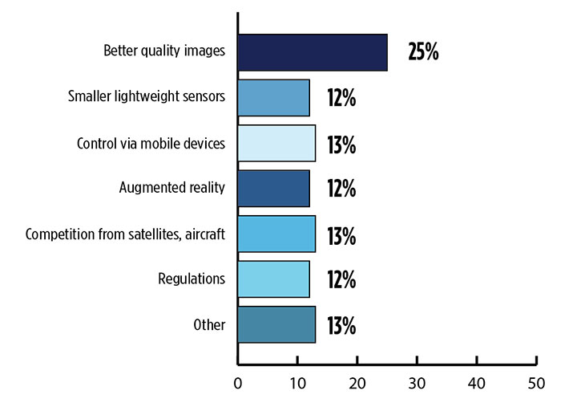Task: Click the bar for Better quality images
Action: [x=313, y=52]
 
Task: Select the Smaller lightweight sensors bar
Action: [x=274, y=98]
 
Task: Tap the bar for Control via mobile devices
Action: [x=276, y=144]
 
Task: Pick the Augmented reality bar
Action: [x=274, y=189]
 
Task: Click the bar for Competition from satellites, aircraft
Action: [x=276, y=234]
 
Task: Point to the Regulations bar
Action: [x=274, y=279]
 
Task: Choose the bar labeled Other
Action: [x=276, y=324]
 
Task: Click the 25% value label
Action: [x=423, y=53]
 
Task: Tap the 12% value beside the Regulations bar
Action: [x=341, y=280]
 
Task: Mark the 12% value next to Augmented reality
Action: [x=341, y=189]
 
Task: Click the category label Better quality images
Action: [x=164, y=52]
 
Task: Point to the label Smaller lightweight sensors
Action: [x=147, y=98]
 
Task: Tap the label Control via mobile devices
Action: [x=151, y=144]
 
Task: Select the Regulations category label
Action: [x=192, y=279]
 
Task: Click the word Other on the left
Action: [x=209, y=324]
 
